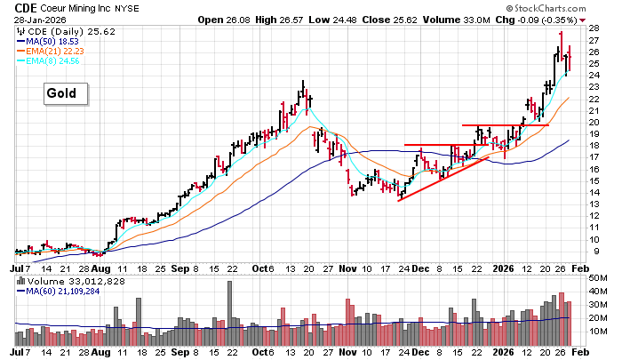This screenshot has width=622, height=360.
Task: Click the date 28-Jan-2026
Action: pyautogui.click(x=28, y=19)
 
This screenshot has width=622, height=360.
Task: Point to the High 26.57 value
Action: pyautogui.click(x=284, y=19)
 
